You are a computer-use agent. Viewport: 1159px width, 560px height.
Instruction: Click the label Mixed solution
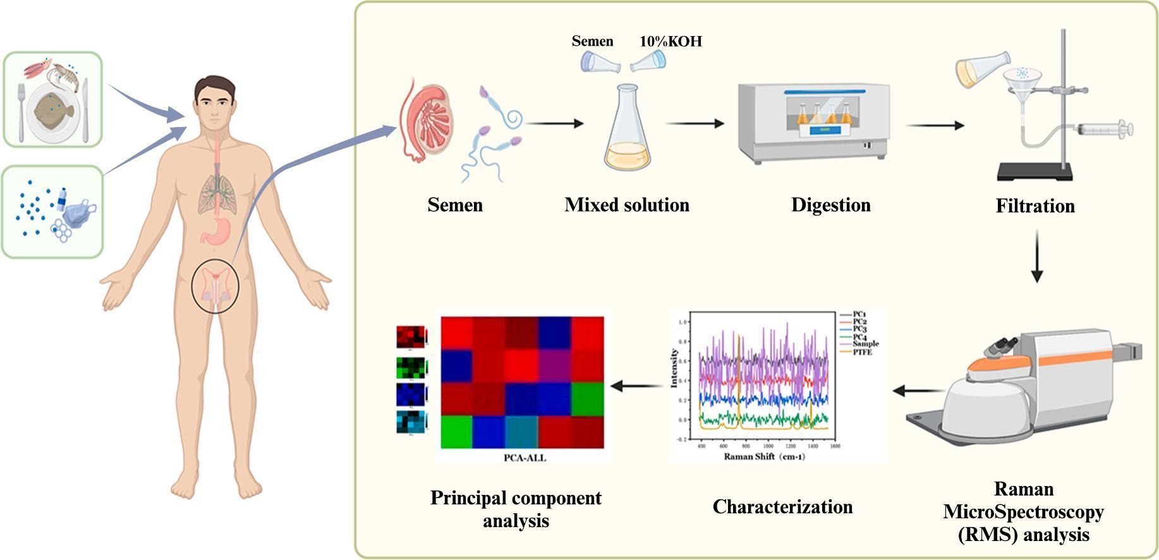pos(626,205)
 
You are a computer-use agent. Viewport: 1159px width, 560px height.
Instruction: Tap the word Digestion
pos(830,205)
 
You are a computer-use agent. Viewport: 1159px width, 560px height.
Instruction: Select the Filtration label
pos(1035,206)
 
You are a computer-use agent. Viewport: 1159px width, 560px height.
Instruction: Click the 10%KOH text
pos(671,42)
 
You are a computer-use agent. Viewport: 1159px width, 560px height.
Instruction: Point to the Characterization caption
pos(782,507)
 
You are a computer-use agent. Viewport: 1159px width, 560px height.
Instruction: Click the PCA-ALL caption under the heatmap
pos(525,458)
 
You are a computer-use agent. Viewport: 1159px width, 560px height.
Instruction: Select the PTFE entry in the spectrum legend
pos(862,352)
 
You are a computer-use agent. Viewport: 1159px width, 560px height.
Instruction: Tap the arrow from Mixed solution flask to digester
pos(695,124)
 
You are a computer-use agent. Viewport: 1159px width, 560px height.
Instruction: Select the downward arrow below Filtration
pos(1036,256)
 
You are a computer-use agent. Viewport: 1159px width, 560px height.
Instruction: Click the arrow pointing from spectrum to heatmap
pos(636,385)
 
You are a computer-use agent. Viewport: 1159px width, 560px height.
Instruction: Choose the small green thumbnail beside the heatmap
pos(411,367)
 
